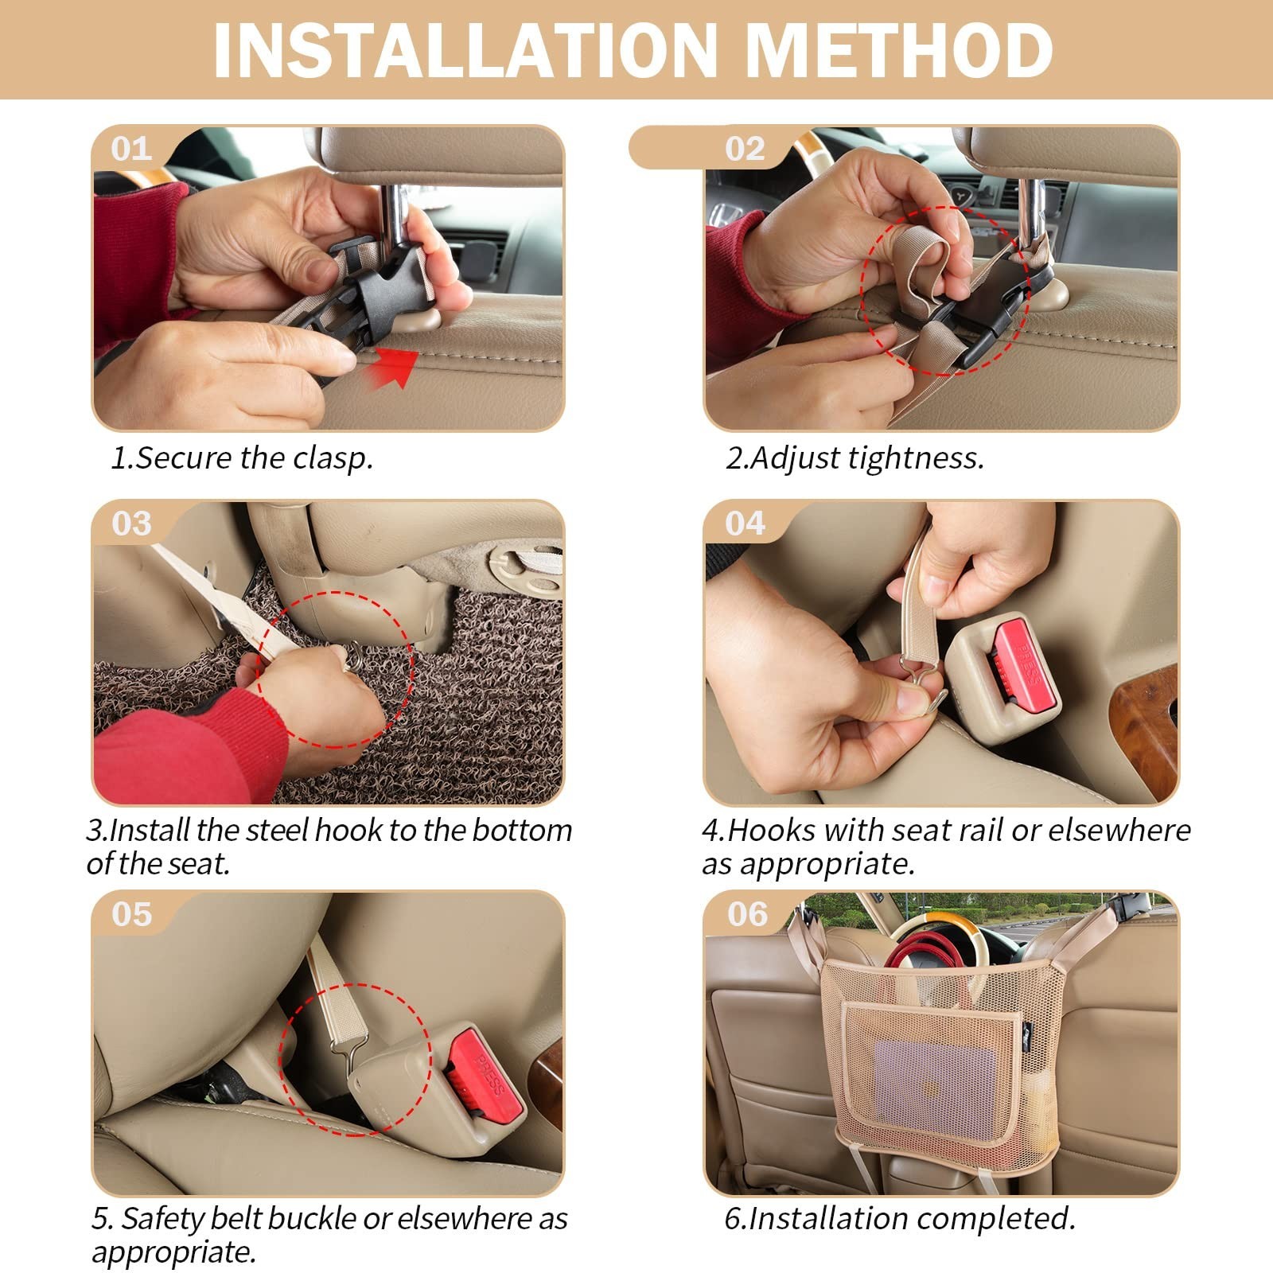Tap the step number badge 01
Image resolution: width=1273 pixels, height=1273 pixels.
131,149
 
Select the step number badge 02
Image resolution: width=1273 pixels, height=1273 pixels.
745,149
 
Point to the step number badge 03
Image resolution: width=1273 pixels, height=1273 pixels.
131,524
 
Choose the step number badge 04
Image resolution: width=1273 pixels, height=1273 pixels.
746,524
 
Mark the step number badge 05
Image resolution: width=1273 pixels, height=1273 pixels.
131,914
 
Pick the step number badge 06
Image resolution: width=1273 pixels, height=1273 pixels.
747,914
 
